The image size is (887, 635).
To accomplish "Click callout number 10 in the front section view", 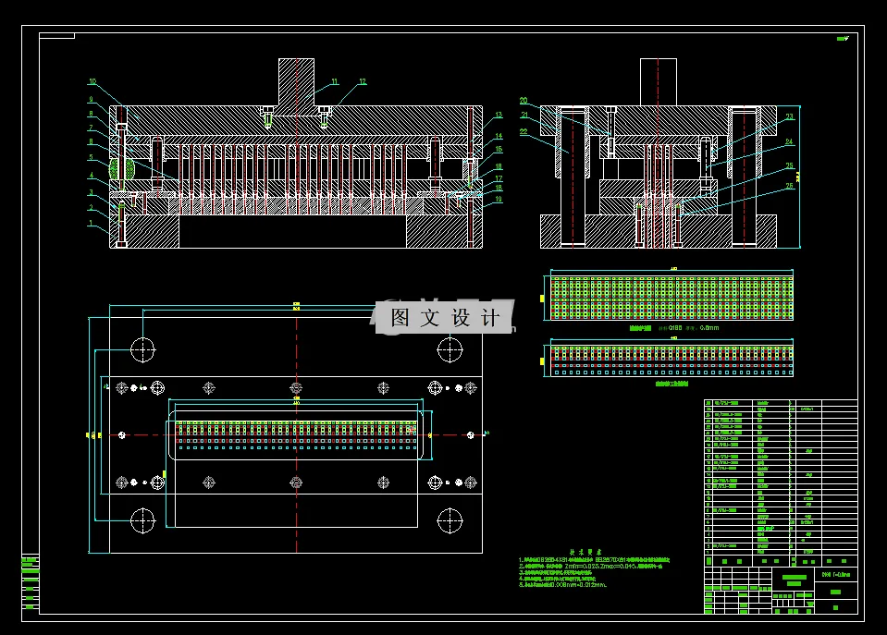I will (92, 81).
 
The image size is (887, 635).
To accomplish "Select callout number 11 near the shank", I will (335, 81).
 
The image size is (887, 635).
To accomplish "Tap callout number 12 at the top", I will (363, 81).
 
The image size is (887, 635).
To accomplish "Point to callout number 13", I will (498, 116).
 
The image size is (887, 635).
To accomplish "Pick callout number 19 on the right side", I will (498, 199).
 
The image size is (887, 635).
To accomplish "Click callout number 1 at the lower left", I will (92, 223).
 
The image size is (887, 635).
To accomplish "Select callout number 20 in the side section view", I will (524, 101).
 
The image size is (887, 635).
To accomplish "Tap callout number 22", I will (524, 132).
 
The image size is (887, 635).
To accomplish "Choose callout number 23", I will (790, 117).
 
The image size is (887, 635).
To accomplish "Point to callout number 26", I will (790, 186).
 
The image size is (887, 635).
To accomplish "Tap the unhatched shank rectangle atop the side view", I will (658, 81).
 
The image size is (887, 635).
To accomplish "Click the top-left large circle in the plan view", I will (142, 349).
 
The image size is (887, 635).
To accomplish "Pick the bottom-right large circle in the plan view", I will (450, 520).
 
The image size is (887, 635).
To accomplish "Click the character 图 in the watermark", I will (400, 318).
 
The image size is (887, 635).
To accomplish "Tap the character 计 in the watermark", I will (490, 318).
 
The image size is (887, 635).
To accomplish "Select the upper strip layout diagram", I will (671, 297).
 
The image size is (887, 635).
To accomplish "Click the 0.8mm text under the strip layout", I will (709, 327).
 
